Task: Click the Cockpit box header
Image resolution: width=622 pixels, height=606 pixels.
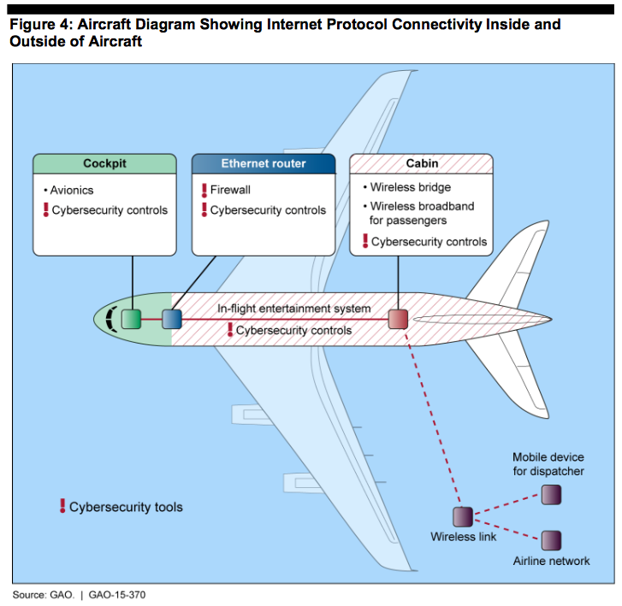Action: tap(104, 164)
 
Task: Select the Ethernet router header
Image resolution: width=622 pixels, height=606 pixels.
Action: tap(264, 164)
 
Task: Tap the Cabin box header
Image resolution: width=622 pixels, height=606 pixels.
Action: tap(422, 164)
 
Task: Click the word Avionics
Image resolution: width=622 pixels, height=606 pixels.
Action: tap(73, 190)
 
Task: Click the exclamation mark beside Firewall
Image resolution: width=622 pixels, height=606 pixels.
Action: tap(204, 190)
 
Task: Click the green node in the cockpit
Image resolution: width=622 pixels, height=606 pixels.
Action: tap(131, 320)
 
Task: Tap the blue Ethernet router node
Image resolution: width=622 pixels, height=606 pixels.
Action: tap(172, 320)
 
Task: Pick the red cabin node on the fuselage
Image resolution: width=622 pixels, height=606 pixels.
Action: tap(399, 320)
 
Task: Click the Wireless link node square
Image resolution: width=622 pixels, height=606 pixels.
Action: tap(462, 516)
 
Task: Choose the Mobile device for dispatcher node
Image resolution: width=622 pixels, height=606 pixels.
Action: tap(551, 494)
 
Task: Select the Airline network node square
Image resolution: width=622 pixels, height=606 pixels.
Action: tap(551, 539)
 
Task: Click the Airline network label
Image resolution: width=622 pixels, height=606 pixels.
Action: tap(551, 561)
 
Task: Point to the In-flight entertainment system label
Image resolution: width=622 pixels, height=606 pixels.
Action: tap(293, 309)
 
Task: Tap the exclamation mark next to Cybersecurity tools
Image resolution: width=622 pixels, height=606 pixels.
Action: tap(62, 506)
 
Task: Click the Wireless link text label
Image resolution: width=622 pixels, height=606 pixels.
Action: tap(463, 537)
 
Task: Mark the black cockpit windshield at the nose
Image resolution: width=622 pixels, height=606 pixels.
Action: tap(109, 320)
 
